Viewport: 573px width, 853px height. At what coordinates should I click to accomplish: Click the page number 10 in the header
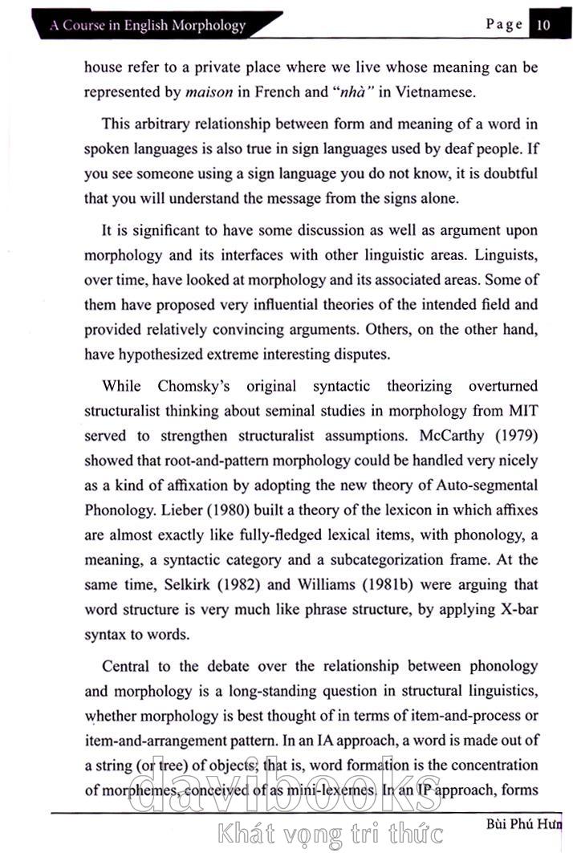(543, 24)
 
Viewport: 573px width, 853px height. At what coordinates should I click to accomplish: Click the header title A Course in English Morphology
(148, 25)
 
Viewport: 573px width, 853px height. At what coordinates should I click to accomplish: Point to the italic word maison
(209, 91)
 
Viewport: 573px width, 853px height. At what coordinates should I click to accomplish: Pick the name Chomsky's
(193, 387)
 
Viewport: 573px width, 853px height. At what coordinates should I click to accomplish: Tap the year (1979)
(514, 437)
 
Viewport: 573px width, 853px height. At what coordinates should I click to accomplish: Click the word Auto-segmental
(488, 485)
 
